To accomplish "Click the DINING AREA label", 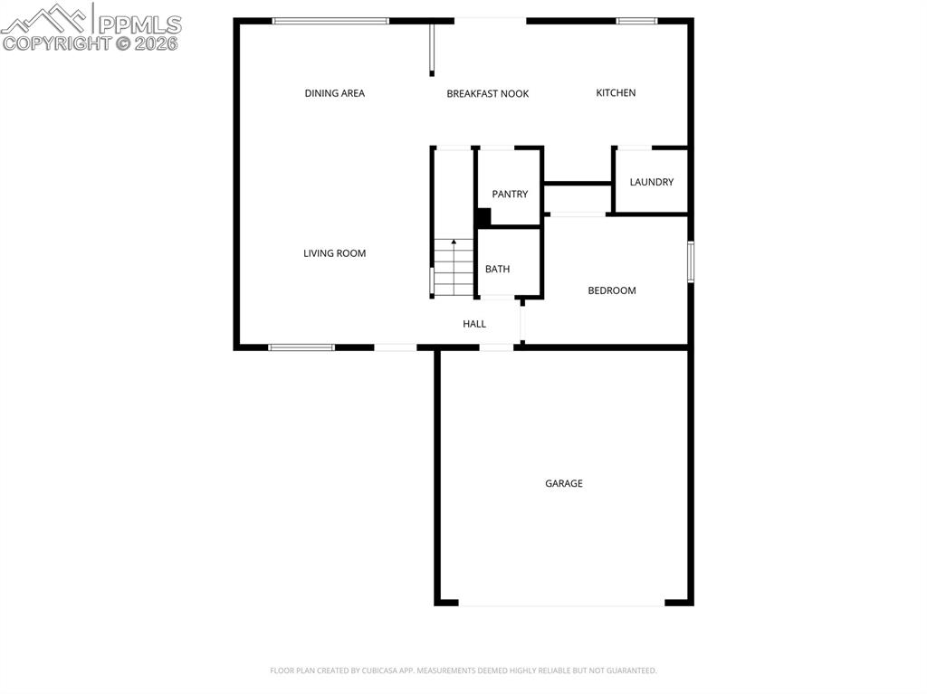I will point(334,93).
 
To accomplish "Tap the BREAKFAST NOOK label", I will point(487,94).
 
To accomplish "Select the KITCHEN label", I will point(616,93).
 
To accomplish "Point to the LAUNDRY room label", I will point(652,182).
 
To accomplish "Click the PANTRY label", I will point(510,195).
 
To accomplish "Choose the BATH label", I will point(497,269).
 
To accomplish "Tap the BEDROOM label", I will point(612,290).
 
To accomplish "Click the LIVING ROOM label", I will point(334,253).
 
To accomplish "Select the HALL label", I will point(474,324).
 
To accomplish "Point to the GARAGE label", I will point(563,483).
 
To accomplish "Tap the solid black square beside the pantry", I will point(483,217).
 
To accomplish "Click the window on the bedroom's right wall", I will point(690,261).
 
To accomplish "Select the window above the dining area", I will point(330,20).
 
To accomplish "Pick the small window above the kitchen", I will point(636,20).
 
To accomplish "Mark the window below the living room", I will point(301,347).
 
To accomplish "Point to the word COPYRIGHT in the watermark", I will point(56,43).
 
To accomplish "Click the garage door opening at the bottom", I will point(562,604).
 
